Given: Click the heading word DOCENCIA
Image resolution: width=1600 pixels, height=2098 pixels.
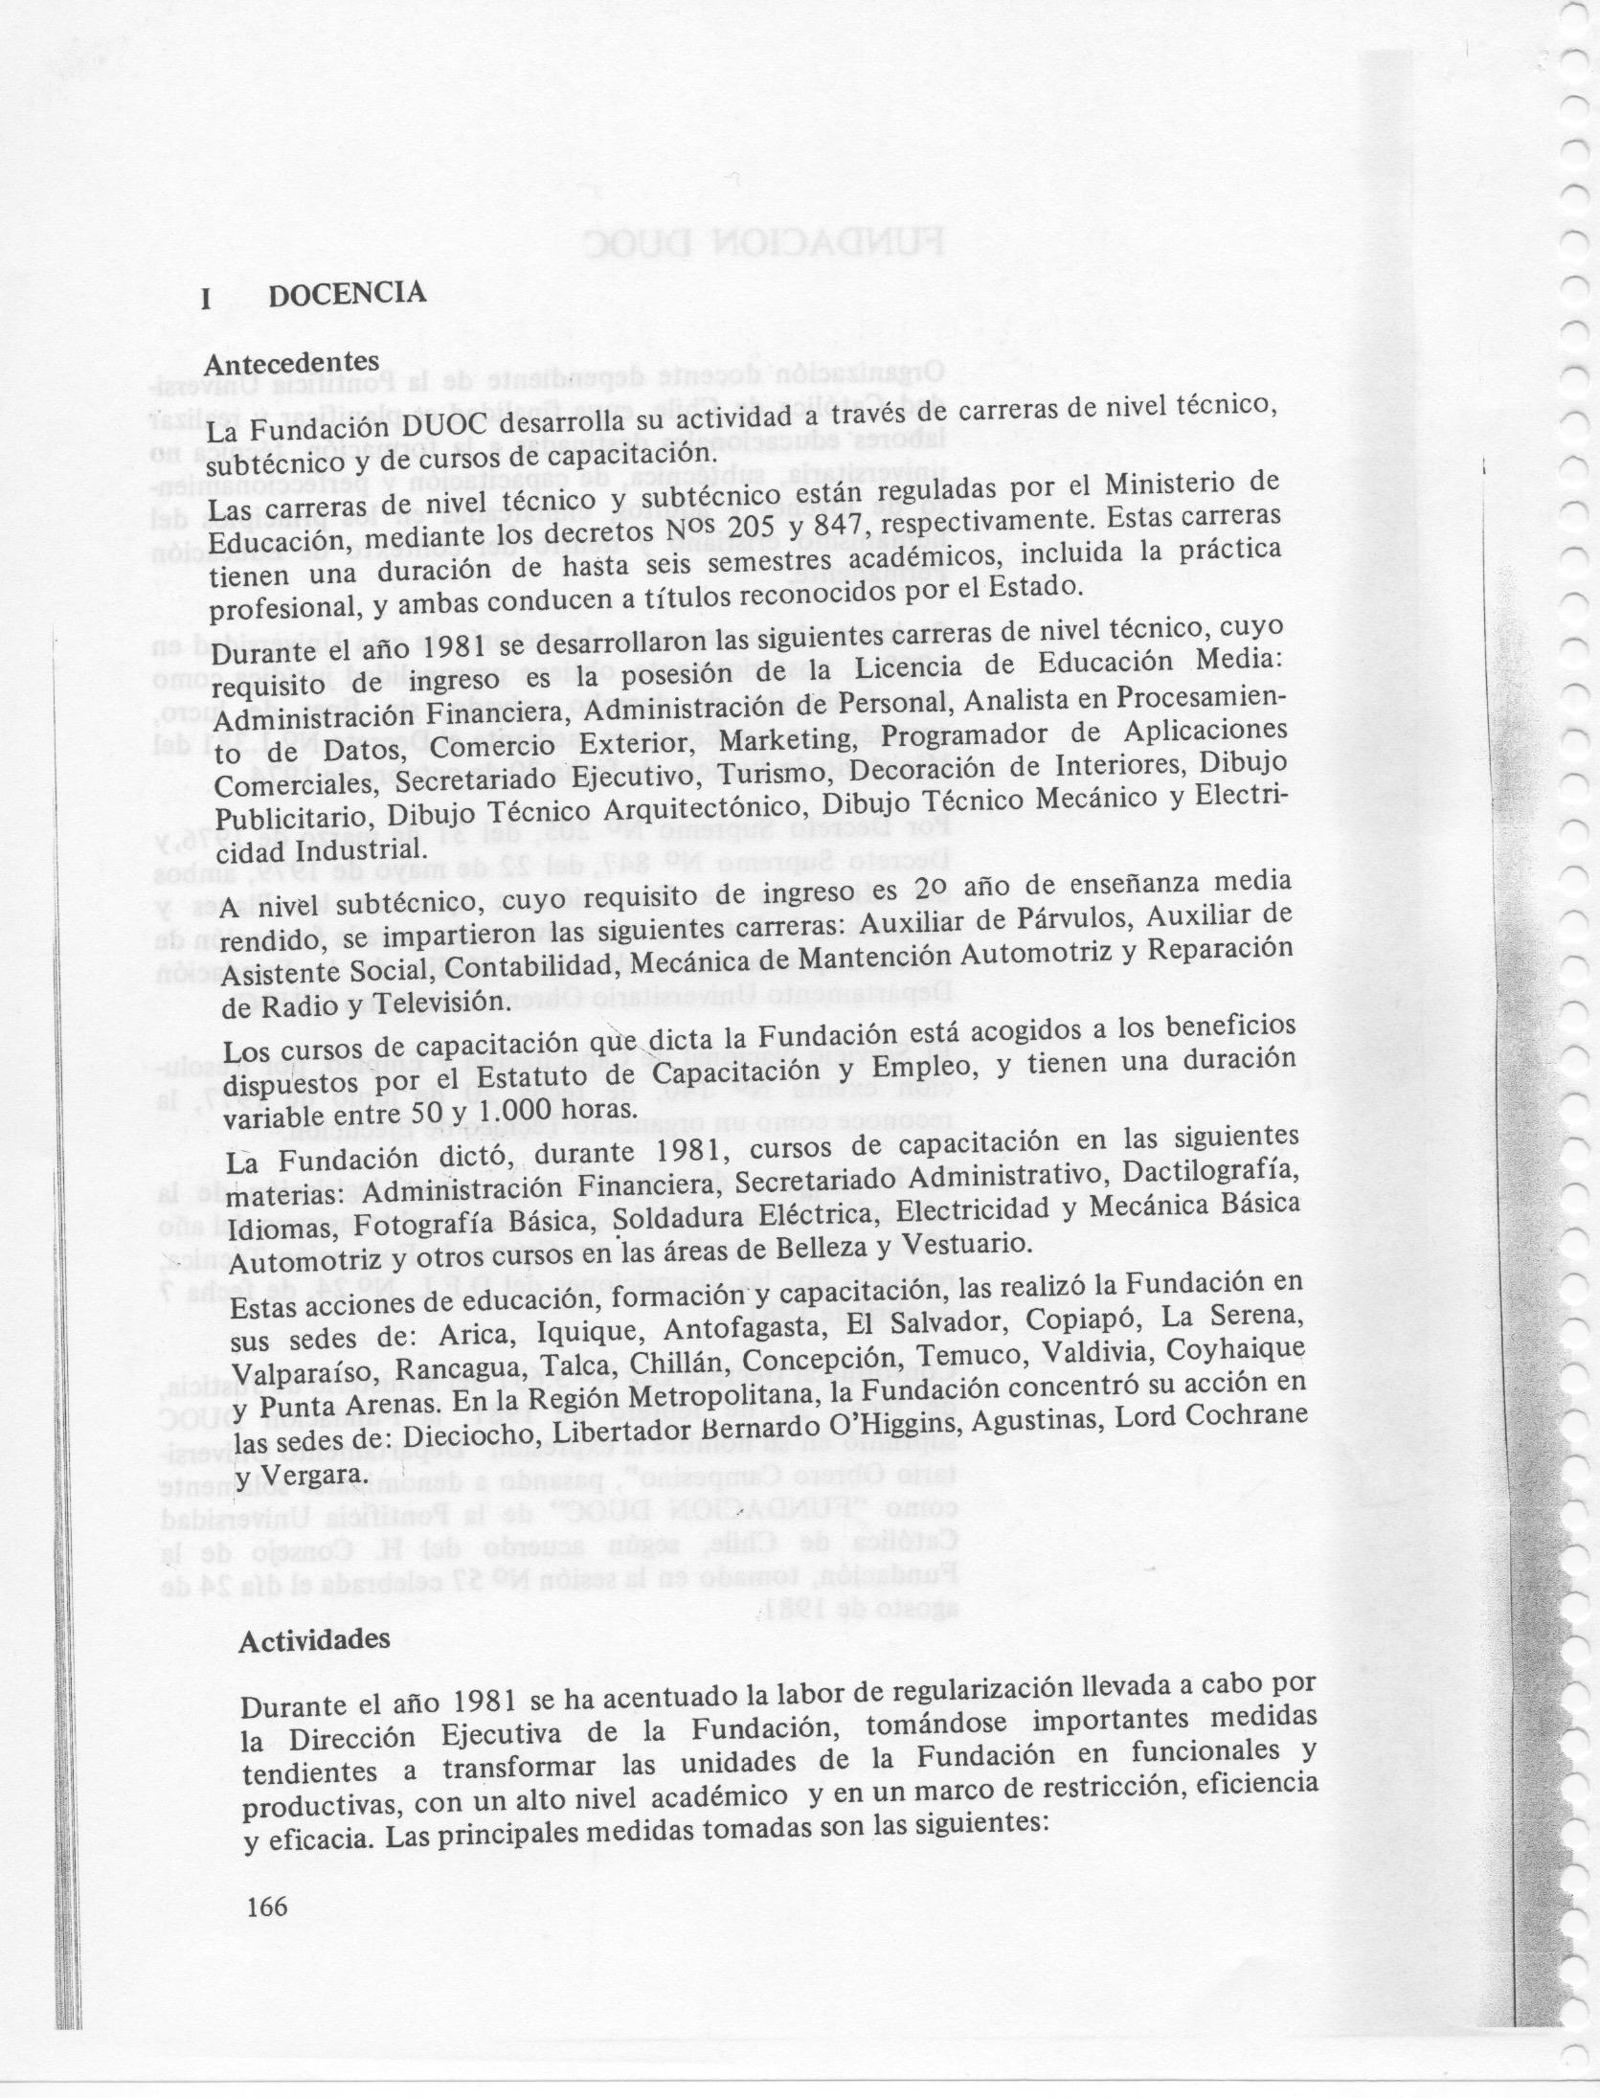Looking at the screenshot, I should pyautogui.click(x=347, y=292).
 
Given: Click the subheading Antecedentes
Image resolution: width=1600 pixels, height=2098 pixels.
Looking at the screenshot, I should pyautogui.click(x=292, y=364).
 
